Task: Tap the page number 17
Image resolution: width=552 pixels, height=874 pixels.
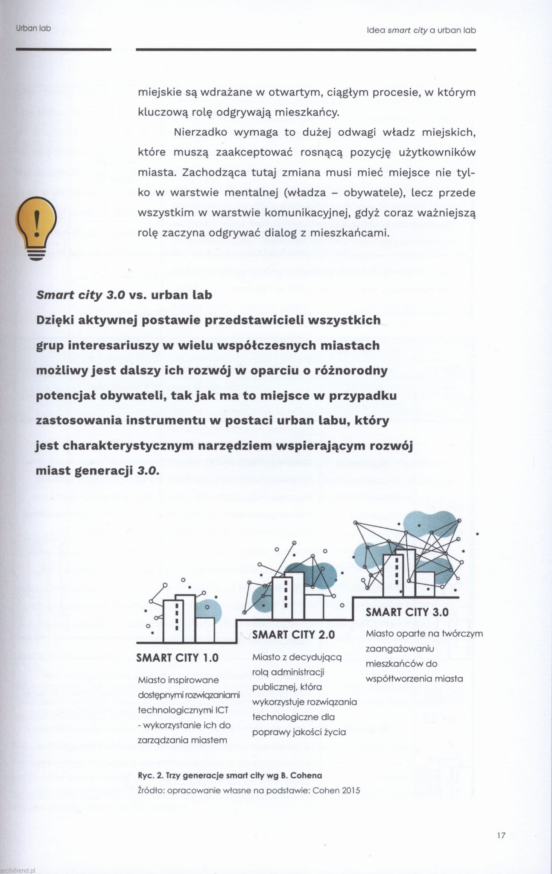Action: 501,835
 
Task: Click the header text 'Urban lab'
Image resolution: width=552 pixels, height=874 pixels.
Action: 33,28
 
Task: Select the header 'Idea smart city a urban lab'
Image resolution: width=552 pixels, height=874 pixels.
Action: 421,30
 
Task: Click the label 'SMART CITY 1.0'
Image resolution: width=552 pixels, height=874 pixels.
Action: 177,658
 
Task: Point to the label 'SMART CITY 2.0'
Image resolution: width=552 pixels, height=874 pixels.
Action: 293,634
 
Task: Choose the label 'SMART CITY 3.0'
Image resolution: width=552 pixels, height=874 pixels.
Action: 407,612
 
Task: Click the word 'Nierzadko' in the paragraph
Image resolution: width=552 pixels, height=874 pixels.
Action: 200,132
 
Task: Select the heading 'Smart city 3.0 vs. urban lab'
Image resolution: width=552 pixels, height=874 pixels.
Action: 124,295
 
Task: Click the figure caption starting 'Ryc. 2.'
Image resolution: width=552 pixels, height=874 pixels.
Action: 230,775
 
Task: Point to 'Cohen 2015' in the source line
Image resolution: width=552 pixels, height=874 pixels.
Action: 336,790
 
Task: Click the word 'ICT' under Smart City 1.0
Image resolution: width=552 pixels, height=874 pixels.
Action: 222,710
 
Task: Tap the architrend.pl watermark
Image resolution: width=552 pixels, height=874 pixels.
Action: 18,870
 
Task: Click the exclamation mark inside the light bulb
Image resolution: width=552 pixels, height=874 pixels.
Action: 36,222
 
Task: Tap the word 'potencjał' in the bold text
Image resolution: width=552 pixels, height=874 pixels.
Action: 66,395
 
